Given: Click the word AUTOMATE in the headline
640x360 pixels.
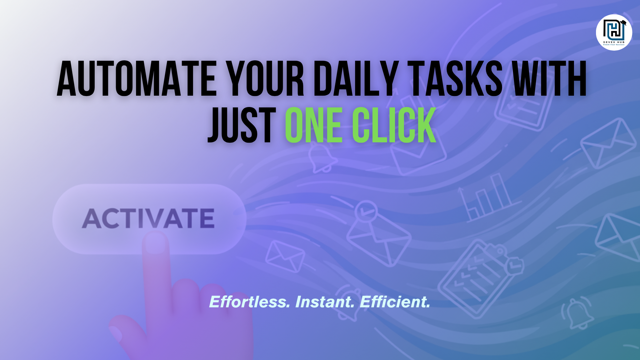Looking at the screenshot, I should [137, 79].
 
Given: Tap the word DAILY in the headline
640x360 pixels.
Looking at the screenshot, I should [356, 79].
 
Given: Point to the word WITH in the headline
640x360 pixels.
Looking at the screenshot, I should [549, 79].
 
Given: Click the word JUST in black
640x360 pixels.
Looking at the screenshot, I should [242, 126].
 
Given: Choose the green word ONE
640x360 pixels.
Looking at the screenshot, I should [313, 126].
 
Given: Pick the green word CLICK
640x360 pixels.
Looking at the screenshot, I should [394, 126].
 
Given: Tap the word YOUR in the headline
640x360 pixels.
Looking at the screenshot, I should [265, 79].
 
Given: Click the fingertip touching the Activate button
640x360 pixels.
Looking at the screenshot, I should [155, 242].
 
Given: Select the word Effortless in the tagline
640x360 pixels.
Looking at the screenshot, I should [249, 302].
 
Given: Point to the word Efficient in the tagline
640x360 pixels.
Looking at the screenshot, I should [395, 302].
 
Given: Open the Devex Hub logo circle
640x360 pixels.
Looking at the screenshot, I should [614, 32].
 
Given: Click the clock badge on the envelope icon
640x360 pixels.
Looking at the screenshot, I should [366, 211].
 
